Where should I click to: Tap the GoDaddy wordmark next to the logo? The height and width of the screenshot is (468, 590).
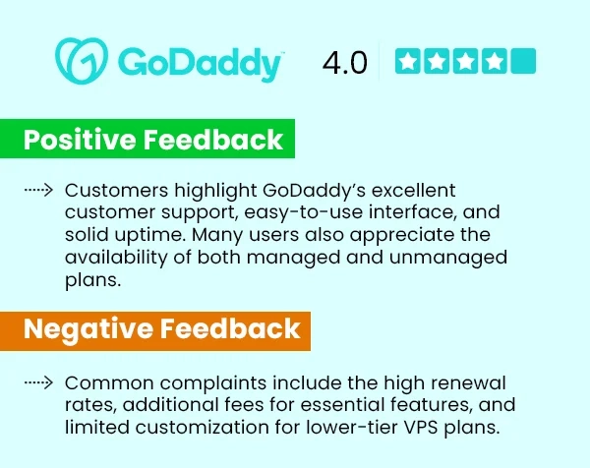[201, 63]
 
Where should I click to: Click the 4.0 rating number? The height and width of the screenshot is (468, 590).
[344, 63]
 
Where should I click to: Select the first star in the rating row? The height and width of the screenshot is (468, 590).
[408, 62]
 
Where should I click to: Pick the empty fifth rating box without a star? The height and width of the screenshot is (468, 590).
[524, 62]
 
